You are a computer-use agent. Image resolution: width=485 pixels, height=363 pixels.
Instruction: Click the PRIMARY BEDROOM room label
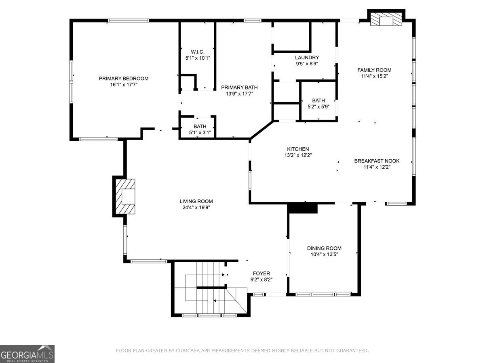124,79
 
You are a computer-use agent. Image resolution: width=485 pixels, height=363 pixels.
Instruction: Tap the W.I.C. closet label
198,52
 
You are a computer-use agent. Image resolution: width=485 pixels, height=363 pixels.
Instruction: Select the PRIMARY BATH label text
239,88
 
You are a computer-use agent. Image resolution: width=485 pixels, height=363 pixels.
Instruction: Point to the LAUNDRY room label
307,58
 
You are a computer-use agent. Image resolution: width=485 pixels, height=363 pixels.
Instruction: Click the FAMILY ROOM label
374,70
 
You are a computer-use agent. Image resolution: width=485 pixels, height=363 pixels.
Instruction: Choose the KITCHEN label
298,149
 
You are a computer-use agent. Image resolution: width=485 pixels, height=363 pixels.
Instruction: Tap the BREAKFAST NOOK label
377,161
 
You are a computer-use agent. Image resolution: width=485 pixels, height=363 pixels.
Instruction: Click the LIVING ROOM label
196,201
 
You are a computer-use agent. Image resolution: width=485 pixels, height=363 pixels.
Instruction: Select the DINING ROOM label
324,248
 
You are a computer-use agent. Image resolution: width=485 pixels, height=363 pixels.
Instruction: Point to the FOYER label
261,273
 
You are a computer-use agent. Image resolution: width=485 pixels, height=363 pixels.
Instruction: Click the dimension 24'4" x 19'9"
196,207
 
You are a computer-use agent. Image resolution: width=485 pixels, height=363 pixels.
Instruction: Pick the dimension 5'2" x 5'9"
318,106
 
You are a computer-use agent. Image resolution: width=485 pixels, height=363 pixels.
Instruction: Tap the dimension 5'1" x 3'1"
200,133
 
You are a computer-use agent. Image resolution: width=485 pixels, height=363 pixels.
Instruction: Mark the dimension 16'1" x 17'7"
124,85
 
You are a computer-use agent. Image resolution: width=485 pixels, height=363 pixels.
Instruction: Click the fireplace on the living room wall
125,196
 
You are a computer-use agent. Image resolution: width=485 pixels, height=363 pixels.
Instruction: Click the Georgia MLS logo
27,354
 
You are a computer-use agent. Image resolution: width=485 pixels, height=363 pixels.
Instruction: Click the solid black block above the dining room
302,209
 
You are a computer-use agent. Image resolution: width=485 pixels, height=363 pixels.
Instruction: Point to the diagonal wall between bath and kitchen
261,130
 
